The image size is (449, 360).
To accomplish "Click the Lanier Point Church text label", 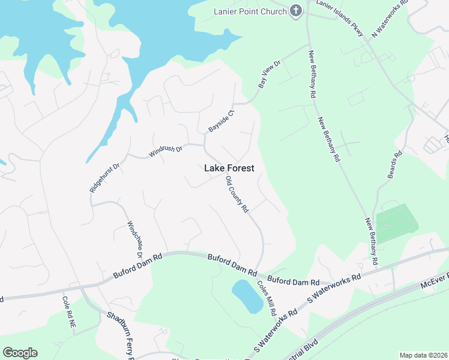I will [x=250, y=11].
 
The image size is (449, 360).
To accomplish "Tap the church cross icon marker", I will [x=296, y=11].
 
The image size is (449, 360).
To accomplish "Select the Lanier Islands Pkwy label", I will [x=340, y=18].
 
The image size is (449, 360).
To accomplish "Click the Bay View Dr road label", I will [x=270, y=74].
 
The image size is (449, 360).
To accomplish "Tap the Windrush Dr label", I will [x=165, y=151].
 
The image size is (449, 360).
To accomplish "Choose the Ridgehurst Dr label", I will [x=105, y=178].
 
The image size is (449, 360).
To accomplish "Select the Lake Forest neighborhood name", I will [x=229, y=169].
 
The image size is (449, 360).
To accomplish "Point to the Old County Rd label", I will [x=237, y=194].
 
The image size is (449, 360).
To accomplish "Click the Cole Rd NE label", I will [x=69, y=311].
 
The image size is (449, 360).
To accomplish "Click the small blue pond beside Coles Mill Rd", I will [x=247, y=296].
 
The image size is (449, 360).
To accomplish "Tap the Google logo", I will [x=20, y=353].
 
